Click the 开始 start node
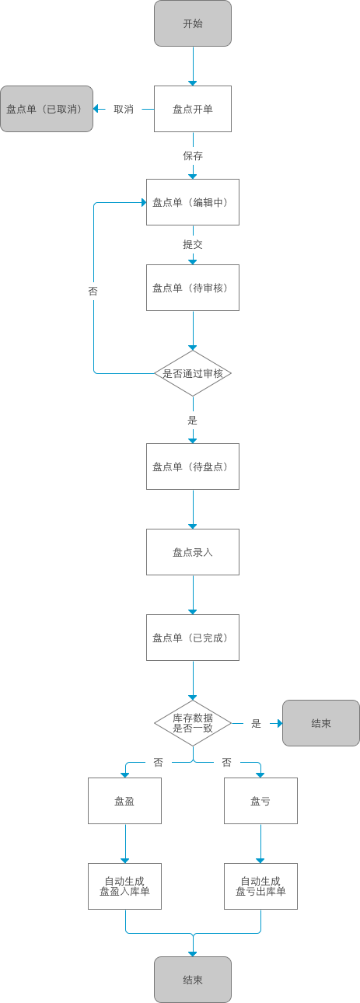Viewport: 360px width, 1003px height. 193,23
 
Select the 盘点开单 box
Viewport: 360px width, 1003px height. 193,109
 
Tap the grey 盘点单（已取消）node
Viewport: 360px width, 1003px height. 47,109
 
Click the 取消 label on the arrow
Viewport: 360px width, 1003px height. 124,110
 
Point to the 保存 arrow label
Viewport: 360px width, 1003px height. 193,156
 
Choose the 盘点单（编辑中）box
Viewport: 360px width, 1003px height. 193,202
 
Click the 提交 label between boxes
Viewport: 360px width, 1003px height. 193,244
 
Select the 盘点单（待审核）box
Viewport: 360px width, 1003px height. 193,288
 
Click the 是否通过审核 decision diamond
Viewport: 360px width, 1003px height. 193,373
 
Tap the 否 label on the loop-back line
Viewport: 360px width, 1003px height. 93,291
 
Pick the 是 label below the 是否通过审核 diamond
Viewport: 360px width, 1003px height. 193,420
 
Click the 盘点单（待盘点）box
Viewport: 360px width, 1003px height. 193,467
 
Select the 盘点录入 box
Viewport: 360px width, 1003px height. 193,552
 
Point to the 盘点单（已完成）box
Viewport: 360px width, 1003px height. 193,638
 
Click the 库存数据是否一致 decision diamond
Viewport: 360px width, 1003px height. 193,723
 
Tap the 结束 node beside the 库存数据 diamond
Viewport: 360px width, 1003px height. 321,723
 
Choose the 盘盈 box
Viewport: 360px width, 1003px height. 124,801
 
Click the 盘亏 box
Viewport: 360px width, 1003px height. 260,801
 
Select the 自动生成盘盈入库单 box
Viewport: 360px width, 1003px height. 124,886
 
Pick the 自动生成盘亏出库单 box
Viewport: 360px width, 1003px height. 260,886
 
